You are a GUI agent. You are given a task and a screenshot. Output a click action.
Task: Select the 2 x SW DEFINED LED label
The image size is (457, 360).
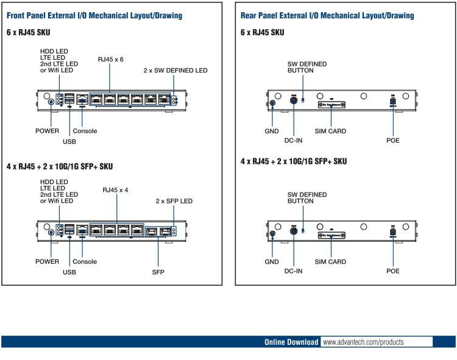(x=175, y=71)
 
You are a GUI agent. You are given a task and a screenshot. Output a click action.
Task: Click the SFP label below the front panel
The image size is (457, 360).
(x=158, y=272)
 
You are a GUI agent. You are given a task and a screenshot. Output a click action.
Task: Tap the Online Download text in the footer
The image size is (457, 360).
(x=291, y=342)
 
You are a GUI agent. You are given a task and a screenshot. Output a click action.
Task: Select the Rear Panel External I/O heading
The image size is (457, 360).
(x=328, y=15)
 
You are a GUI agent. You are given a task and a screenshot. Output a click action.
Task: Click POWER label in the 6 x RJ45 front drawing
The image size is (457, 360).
(x=46, y=131)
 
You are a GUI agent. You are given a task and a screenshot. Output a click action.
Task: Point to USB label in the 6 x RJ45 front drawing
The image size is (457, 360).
(x=70, y=142)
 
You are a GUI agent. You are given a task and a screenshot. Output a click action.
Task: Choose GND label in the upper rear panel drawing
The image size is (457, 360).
(x=272, y=131)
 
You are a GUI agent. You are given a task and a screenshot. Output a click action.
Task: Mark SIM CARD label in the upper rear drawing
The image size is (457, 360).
(x=330, y=131)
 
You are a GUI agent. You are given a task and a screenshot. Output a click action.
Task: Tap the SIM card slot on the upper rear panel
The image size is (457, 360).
(x=331, y=105)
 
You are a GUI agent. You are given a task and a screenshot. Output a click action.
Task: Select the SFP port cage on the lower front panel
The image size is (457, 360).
(x=158, y=231)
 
